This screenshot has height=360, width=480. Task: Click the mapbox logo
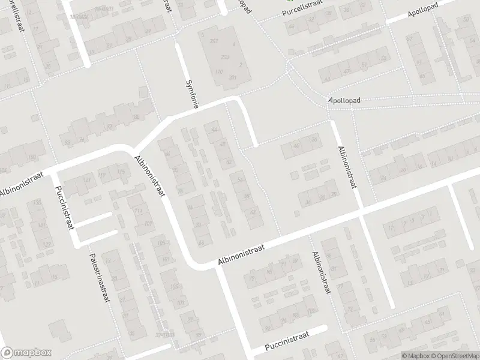pos(26,353)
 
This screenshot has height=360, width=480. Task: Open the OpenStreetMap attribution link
pos(454,356)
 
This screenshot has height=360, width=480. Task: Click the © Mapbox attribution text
pos(415,356)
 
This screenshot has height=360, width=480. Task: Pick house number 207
pos(214,40)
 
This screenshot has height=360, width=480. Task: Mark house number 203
pos(224,57)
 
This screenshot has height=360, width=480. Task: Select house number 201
pos(232,77)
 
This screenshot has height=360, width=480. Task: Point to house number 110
pos(218,72)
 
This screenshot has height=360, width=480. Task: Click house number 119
pos(103,175)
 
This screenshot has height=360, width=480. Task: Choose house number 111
pos(138,211)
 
